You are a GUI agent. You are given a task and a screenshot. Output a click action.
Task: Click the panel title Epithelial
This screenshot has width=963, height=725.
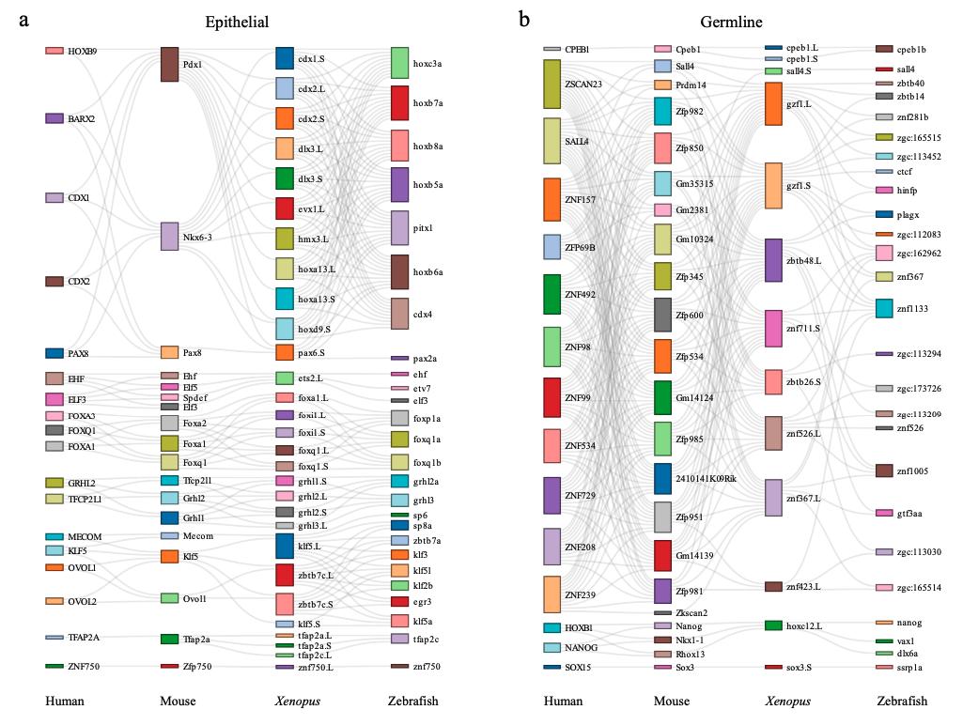[237, 22]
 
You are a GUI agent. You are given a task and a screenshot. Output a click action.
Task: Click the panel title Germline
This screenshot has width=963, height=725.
[731, 22]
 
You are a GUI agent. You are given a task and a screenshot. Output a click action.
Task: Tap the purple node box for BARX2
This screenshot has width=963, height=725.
[54, 118]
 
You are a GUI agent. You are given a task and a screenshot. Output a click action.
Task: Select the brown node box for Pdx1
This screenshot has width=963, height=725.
[170, 64]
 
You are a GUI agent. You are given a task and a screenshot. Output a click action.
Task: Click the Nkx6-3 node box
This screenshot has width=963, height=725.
[170, 237]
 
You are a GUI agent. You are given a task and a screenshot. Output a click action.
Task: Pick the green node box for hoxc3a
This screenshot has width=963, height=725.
[399, 63]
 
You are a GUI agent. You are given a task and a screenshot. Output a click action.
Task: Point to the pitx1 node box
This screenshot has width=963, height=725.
[399, 228]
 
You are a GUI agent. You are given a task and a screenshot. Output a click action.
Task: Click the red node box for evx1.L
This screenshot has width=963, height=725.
[285, 208]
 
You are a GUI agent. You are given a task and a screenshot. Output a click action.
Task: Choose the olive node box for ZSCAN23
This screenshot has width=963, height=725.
[551, 84]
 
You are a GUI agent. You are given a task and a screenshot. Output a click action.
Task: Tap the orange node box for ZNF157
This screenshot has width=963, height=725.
[551, 199]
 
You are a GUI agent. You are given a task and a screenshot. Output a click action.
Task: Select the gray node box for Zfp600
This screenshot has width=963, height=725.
[662, 315]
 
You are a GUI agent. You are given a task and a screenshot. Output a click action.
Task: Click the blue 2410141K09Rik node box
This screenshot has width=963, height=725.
[662, 478]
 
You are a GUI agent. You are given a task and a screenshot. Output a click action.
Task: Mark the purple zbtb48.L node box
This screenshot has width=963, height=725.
[773, 260]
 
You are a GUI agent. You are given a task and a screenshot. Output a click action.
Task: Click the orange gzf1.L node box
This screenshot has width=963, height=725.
[773, 103]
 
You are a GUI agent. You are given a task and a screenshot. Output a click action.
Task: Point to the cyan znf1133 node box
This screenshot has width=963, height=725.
[884, 308]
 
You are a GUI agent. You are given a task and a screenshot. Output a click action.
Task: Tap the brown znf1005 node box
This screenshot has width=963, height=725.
[884, 470]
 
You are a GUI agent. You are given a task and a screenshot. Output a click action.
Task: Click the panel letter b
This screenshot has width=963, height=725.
[524, 20]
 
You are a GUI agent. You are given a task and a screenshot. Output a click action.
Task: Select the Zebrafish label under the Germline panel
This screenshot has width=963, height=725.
[902, 702]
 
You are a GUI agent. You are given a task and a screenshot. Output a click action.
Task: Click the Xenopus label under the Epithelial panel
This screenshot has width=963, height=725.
[297, 702]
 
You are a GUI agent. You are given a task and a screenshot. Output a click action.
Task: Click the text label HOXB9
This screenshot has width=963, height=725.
[83, 51]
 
